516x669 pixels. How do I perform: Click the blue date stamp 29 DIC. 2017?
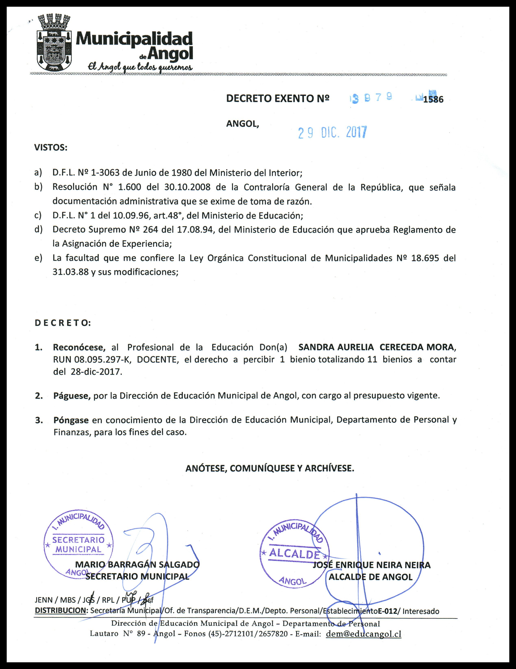point(332,133)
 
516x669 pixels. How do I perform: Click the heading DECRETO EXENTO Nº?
point(278,98)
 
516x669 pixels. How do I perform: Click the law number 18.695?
point(422,258)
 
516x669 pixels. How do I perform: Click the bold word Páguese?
point(72,396)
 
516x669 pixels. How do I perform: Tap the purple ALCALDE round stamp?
point(294,554)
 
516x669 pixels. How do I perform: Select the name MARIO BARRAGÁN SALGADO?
point(137,565)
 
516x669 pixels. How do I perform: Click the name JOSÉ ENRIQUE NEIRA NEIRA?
point(371,565)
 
